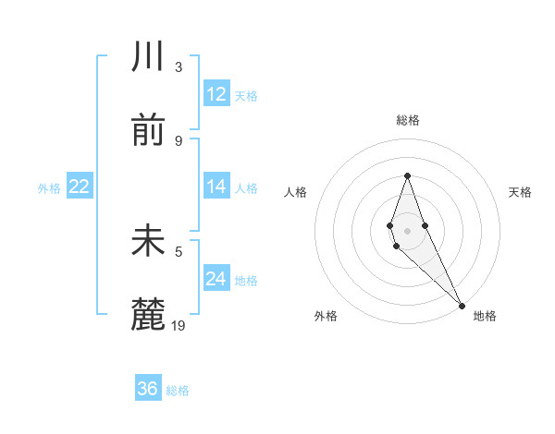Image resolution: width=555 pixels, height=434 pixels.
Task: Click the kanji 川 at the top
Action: (x=148, y=57)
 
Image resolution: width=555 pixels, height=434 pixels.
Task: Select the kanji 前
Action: (x=148, y=131)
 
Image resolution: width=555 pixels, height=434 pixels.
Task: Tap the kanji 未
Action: (x=148, y=241)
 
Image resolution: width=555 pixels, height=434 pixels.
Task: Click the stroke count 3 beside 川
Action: (x=179, y=66)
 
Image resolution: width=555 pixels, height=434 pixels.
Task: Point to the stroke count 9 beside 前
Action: (x=179, y=140)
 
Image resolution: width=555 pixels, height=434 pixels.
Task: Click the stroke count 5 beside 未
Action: (x=179, y=250)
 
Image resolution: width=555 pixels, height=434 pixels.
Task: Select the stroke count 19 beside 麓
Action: (x=179, y=325)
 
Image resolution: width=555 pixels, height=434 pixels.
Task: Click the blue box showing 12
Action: (x=216, y=94)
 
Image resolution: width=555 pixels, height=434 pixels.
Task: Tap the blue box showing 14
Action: (x=216, y=186)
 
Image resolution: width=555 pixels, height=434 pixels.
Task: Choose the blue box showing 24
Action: (x=216, y=279)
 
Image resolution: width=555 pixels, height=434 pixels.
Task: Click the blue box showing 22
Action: (x=80, y=187)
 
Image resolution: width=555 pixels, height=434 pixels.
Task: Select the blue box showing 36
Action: (x=148, y=389)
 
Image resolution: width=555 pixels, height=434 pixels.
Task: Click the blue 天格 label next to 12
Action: (x=246, y=95)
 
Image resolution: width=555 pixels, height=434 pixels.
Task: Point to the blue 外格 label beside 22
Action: (x=49, y=187)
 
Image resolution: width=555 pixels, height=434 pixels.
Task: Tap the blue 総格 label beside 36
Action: (x=178, y=391)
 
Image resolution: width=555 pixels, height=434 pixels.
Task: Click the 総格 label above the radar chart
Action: (x=407, y=120)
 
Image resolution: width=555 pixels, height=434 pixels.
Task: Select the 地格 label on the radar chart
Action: (x=485, y=316)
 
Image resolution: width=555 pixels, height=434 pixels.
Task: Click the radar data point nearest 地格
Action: (x=462, y=305)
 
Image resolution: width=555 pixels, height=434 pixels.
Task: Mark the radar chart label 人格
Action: (x=296, y=192)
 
